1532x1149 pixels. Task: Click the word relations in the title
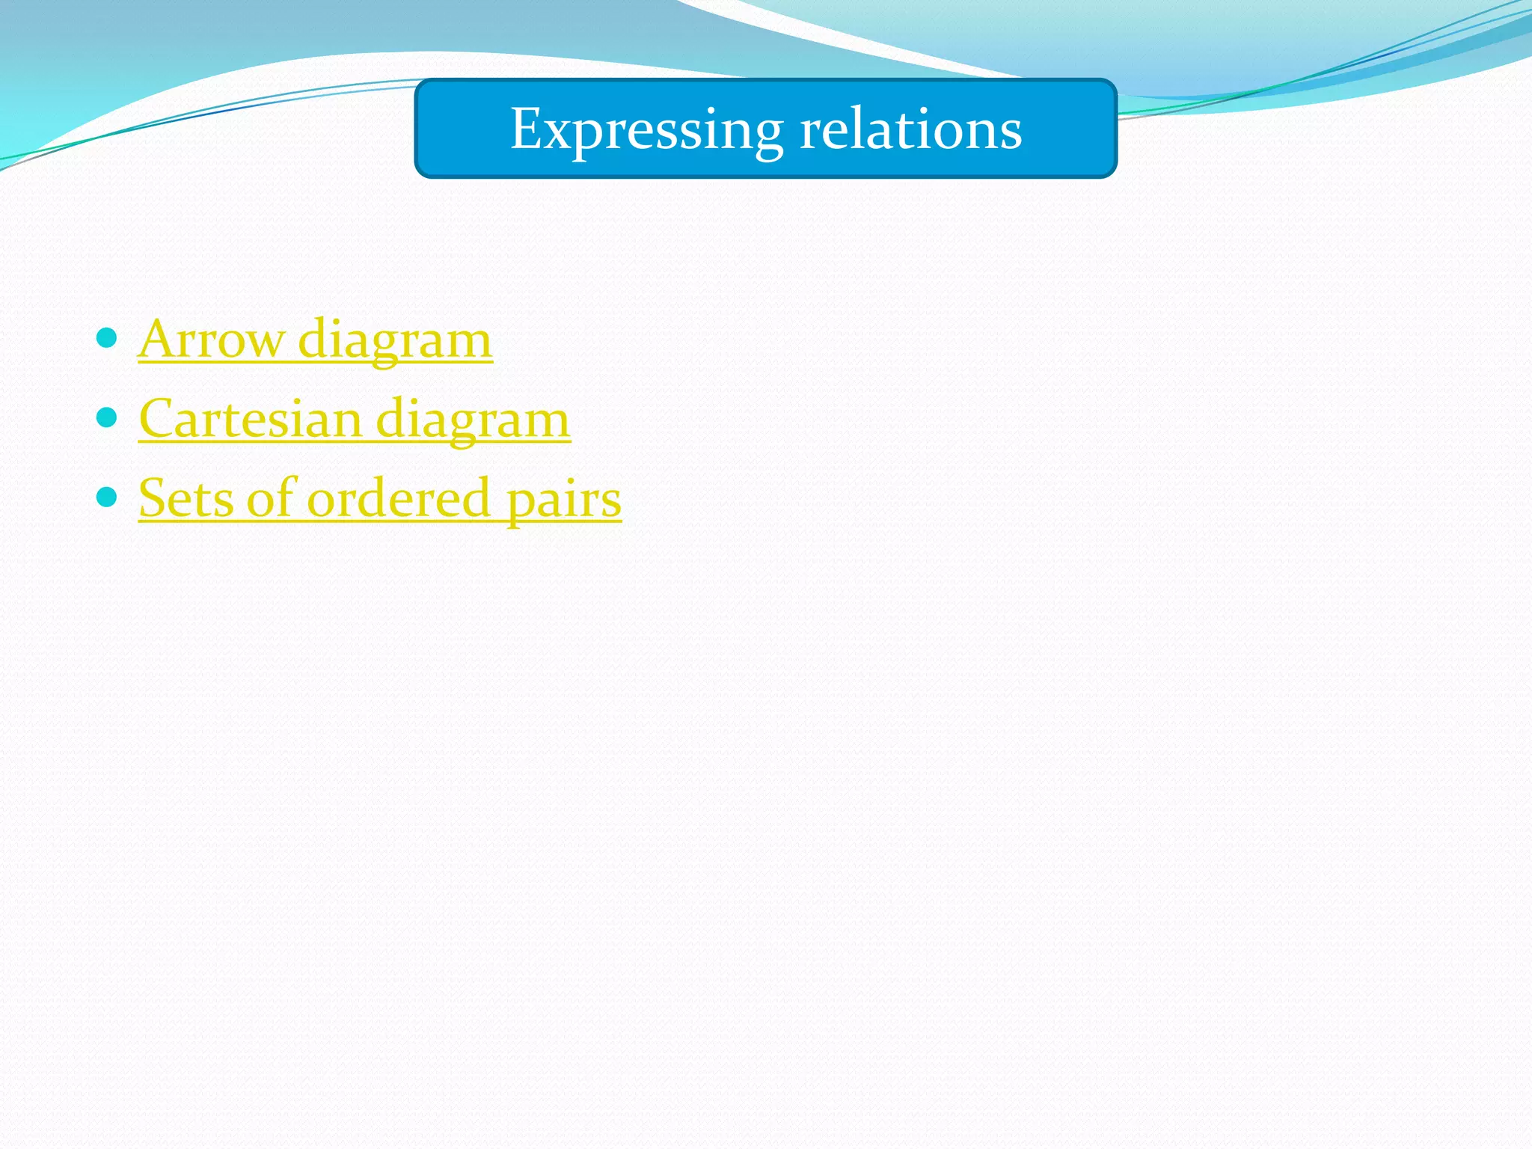(x=910, y=129)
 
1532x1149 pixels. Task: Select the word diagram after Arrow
(x=395, y=340)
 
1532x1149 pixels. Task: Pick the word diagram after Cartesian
(x=473, y=420)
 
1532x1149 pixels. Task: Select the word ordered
(x=399, y=498)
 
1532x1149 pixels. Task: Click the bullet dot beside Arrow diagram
(x=108, y=337)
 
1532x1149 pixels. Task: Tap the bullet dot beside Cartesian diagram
(x=108, y=417)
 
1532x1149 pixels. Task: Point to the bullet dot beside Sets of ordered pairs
(x=108, y=496)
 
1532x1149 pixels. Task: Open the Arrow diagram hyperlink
(x=315, y=340)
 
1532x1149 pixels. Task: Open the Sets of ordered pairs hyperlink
(x=379, y=499)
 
